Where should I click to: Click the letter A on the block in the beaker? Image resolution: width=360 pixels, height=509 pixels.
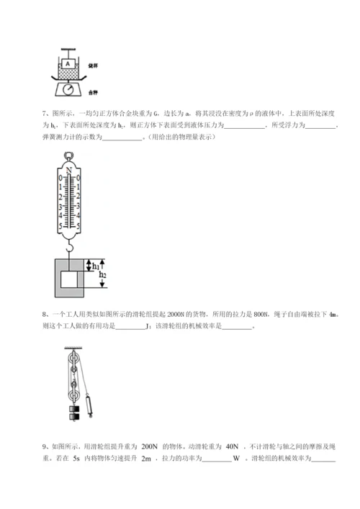click(67, 64)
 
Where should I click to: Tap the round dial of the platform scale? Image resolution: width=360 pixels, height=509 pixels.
click(68, 89)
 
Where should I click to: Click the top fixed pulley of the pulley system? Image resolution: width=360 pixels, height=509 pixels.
click(71, 359)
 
